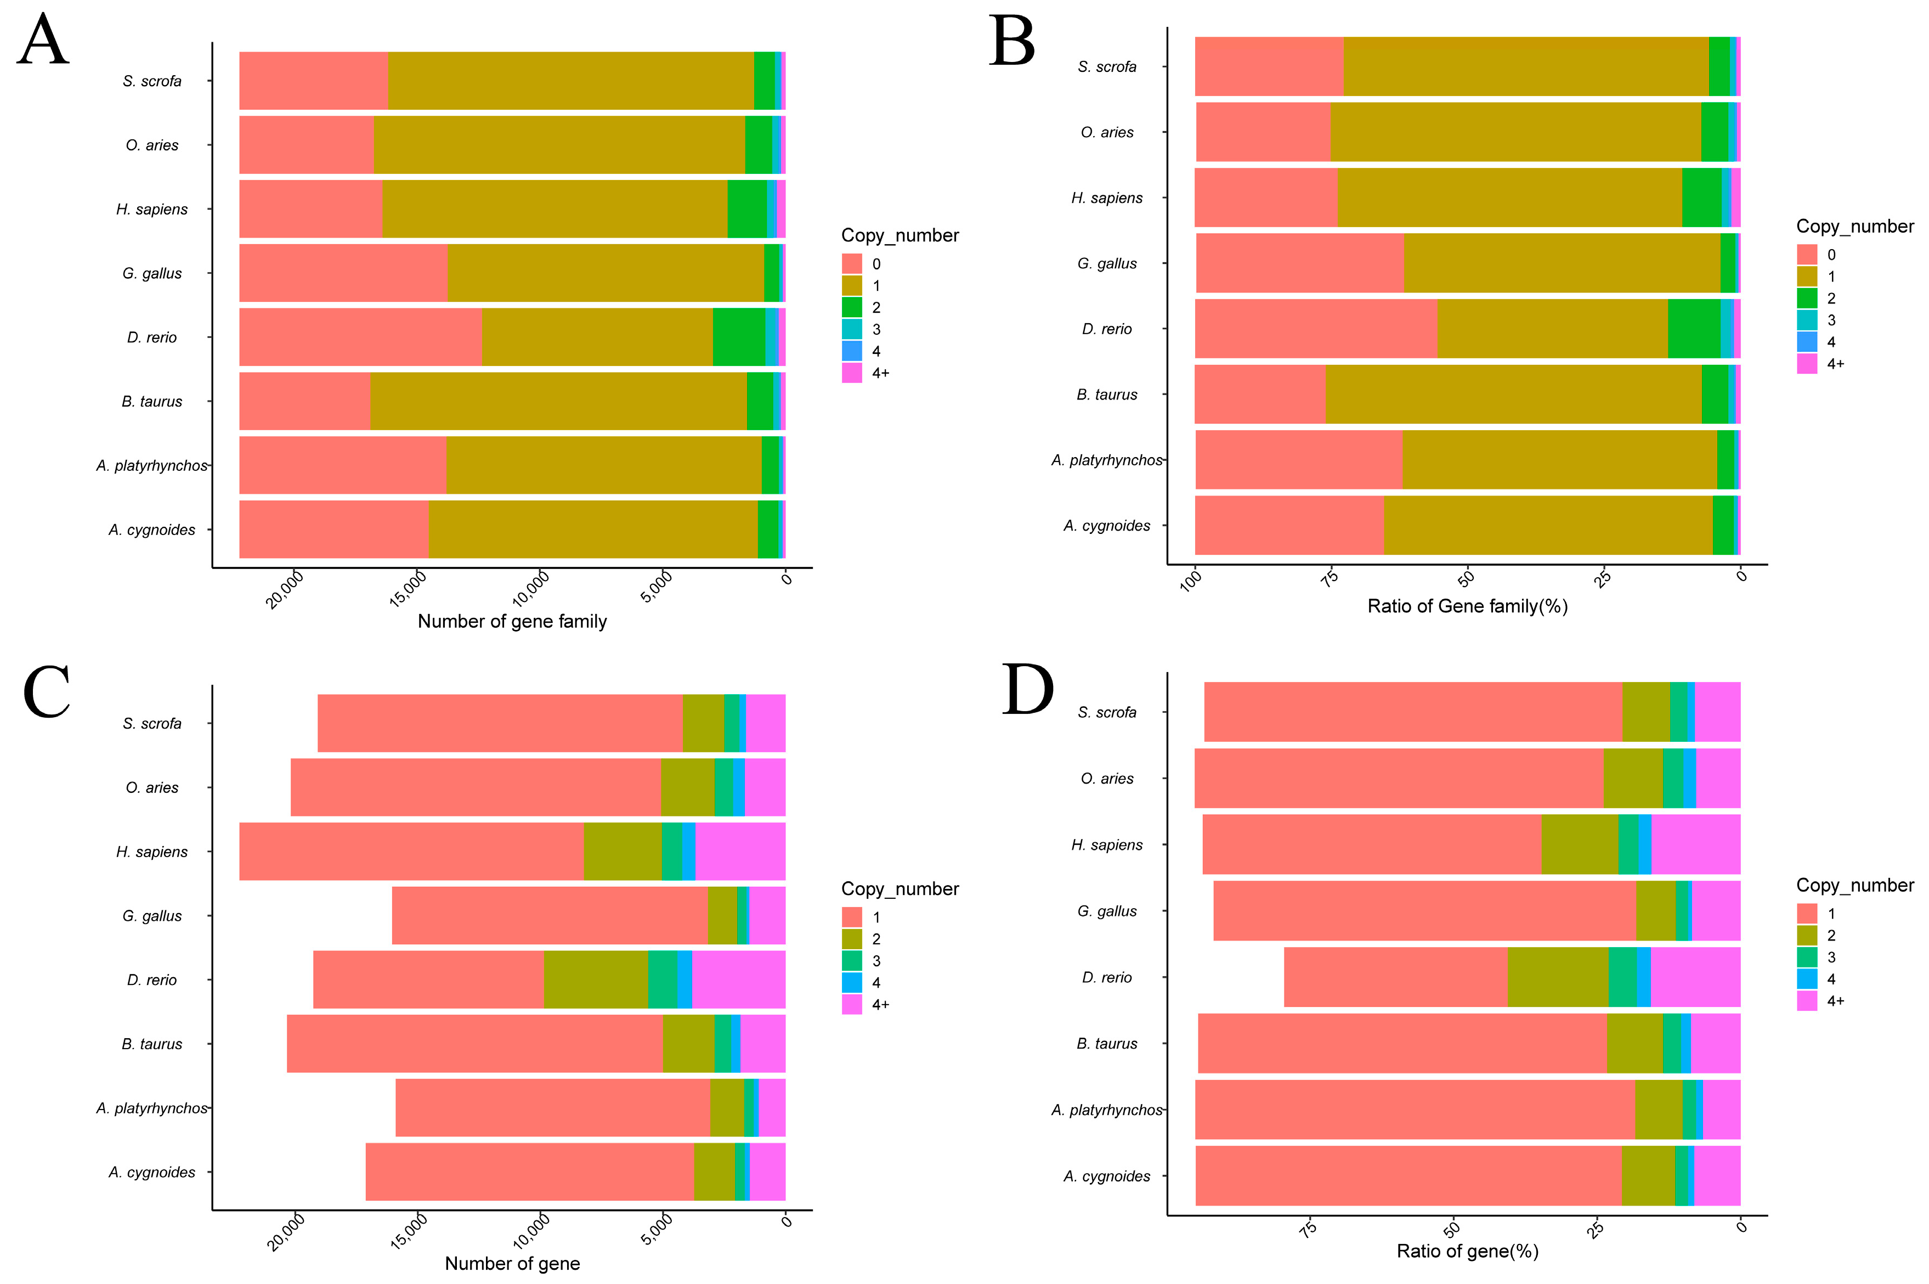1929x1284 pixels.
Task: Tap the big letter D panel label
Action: click(1027, 690)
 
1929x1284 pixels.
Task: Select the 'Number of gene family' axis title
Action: click(512, 622)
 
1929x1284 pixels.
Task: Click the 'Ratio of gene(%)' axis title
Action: click(1467, 1251)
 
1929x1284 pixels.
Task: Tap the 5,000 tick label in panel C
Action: click(657, 1230)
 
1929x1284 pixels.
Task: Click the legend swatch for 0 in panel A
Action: click(851, 264)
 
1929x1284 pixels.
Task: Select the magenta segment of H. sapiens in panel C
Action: click(740, 852)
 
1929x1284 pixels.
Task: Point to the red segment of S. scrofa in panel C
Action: click(499, 723)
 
